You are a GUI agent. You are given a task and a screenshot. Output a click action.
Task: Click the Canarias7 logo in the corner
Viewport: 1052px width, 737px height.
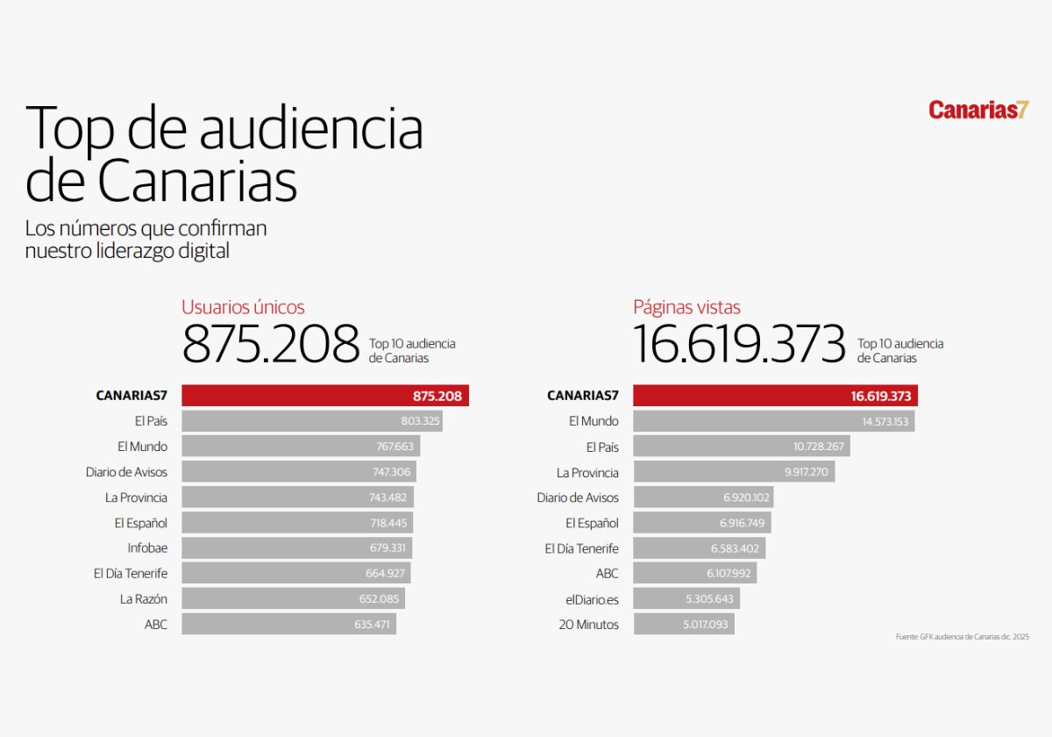click(978, 110)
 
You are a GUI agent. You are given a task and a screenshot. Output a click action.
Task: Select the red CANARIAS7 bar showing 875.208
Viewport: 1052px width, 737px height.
click(325, 396)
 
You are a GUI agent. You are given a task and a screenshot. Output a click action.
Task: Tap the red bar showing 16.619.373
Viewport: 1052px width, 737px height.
click(775, 396)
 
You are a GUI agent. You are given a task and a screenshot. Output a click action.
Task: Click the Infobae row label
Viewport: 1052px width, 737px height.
click(147, 548)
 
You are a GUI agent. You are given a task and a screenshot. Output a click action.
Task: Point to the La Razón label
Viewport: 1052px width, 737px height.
click(144, 599)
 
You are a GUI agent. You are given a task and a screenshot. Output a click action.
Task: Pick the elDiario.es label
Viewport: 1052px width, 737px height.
click(592, 599)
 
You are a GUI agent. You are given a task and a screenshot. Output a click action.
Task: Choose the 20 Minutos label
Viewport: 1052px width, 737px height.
click(588, 625)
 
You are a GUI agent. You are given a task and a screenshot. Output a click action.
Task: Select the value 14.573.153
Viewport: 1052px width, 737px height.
click(885, 421)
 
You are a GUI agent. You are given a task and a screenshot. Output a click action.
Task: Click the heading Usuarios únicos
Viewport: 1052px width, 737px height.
click(243, 307)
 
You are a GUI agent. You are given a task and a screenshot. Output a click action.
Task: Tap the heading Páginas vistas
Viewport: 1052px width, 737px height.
click(686, 307)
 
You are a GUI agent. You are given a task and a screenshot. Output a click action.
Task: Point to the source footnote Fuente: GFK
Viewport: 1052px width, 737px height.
click(962, 636)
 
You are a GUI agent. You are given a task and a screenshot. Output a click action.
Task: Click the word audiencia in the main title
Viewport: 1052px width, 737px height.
click(311, 128)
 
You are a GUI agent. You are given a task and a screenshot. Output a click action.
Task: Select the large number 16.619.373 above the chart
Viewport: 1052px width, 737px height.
click(739, 344)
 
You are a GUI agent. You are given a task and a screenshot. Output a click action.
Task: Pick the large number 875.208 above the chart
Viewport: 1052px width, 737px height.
click(271, 344)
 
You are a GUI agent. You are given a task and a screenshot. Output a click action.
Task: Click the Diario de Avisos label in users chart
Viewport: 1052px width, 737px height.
click(126, 472)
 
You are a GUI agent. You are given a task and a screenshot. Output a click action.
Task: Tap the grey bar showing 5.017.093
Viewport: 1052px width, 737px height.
click(684, 625)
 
